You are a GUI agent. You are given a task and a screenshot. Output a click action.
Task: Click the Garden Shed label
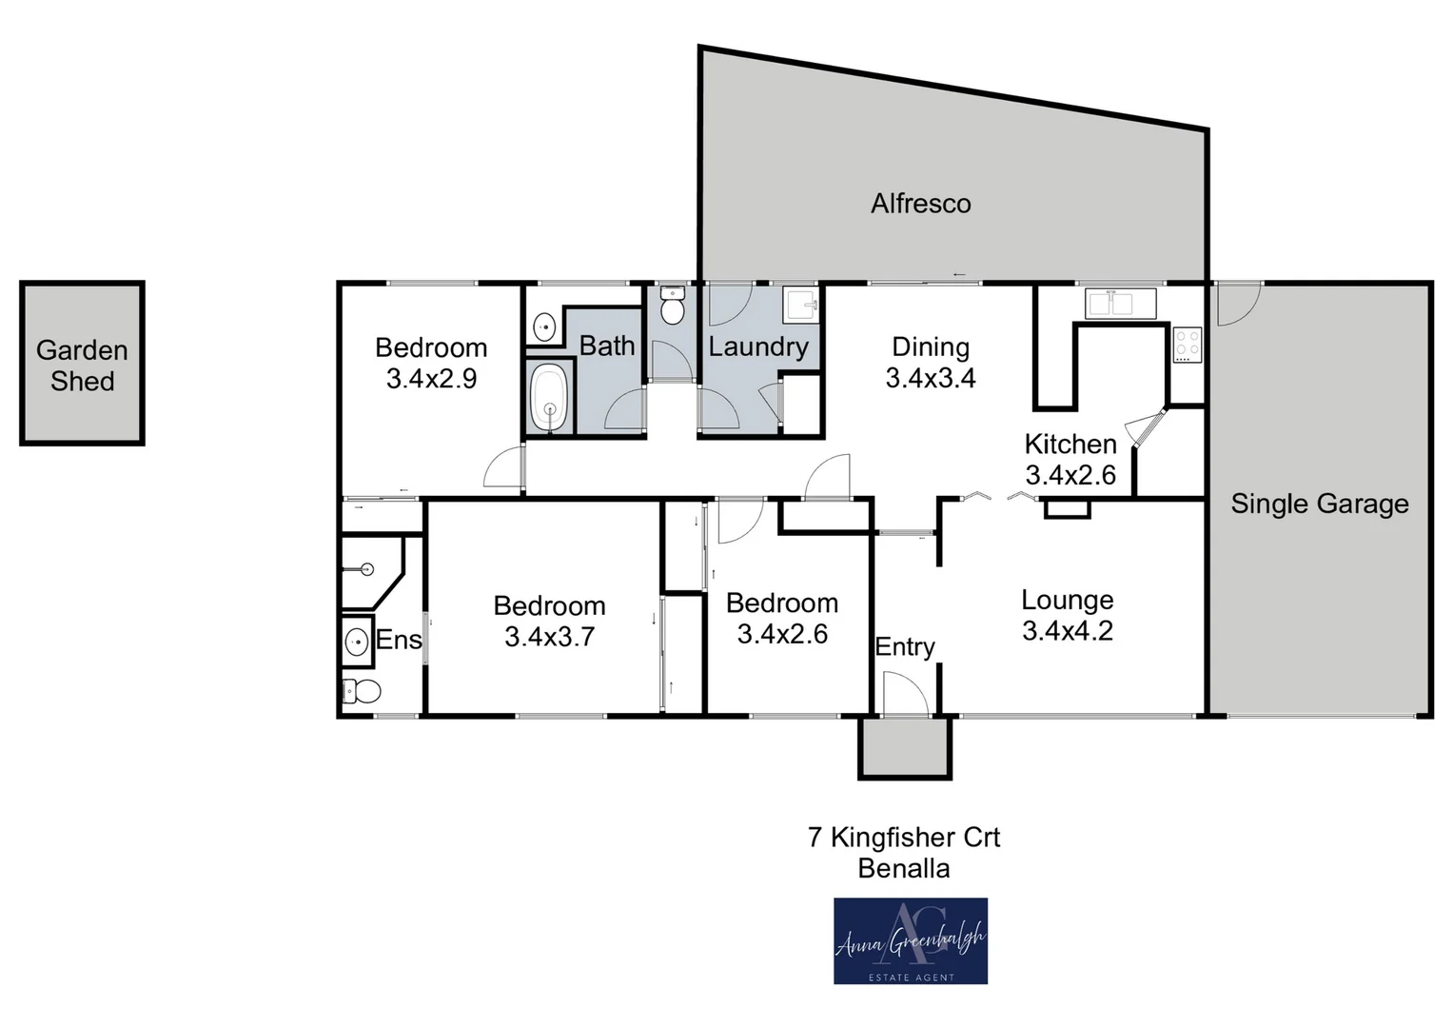(x=82, y=366)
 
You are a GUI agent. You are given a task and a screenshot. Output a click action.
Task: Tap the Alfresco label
(x=920, y=204)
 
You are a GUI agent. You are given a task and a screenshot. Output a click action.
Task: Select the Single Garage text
(x=1319, y=504)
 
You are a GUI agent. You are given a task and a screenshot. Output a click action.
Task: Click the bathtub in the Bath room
(x=548, y=397)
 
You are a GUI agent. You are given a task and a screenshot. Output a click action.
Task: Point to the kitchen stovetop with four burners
(x=1187, y=345)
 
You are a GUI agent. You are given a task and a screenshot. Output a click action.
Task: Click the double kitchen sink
(x=1120, y=304)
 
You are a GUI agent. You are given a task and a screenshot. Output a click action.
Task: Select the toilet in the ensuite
(x=362, y=690)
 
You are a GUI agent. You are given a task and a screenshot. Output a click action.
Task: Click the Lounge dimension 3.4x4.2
(x=1067, y=631)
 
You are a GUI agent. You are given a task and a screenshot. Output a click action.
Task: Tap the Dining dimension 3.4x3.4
(x=930, y=379)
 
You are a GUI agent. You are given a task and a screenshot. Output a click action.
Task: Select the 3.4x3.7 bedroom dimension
(x=549, y=637)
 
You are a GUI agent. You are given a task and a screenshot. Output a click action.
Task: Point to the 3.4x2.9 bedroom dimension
(x=431, y=379)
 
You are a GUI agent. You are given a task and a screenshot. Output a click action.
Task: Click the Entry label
(x=904, y=647)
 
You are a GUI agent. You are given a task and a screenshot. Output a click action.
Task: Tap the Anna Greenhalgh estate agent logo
(x=911, y=940)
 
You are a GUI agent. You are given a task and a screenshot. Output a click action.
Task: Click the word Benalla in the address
(x=903, y=868)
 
